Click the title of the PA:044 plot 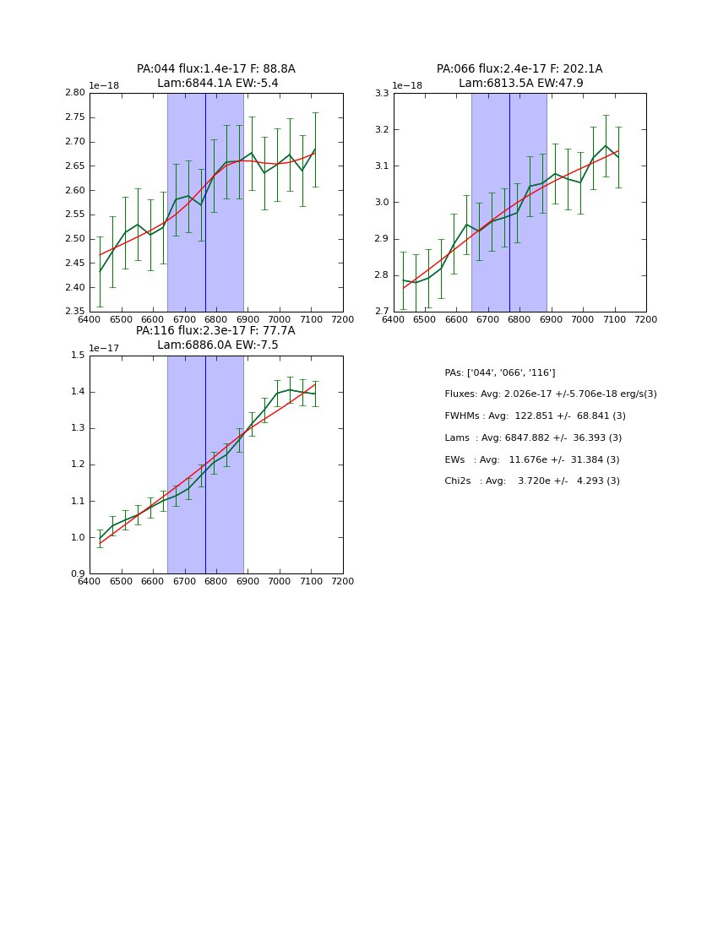[216, 76]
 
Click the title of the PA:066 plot [519, 76]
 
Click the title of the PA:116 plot [216, 338]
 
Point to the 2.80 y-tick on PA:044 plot [76, 93]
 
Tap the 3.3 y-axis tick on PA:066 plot [382, 93]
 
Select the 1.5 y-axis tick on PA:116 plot [78, 356]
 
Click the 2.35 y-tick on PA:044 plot [76, 312]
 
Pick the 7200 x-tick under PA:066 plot [645, 319]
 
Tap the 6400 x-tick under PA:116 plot [90, 581]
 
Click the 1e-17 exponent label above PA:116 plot [104, 348]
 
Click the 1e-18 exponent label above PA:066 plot [407, 86]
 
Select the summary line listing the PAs [499, 372]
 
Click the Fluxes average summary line [550, 394]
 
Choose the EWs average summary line [531, 459]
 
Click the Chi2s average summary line [531, 481]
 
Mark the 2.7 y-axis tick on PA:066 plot [382, 312]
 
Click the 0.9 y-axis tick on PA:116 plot [78, 574]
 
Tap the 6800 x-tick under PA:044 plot [216, 319]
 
